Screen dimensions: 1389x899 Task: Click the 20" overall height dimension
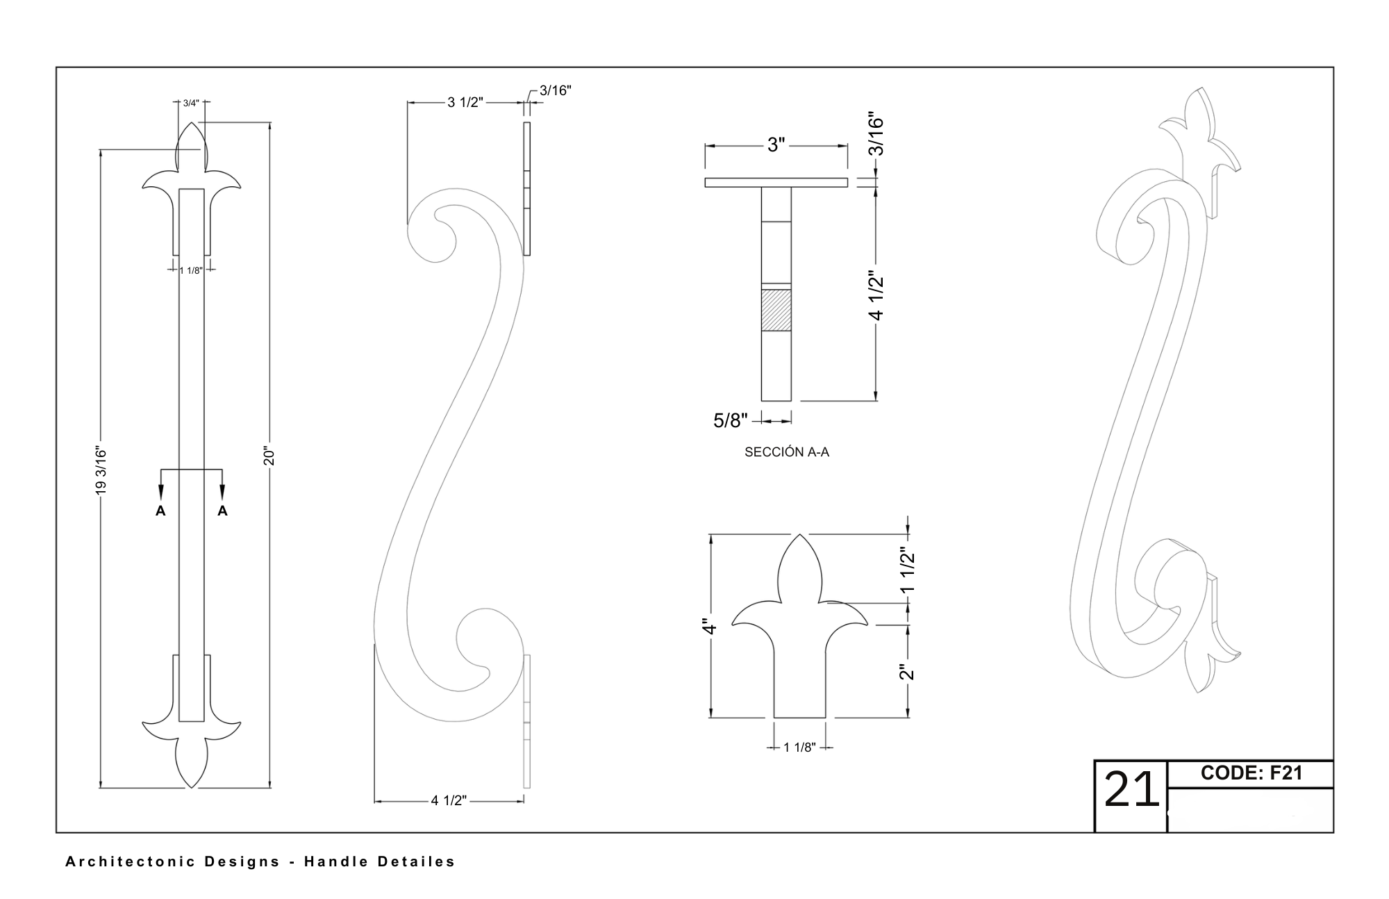point(269,456)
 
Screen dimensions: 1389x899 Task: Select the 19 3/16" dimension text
point(101,471)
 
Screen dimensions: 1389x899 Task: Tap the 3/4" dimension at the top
point(191,103)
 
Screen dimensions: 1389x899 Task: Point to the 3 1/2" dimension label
point(465,103)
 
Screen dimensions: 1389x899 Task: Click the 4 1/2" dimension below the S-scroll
point(449,800)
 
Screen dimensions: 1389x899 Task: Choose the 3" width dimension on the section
point(776,145)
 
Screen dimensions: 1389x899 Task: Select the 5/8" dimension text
point(731,420)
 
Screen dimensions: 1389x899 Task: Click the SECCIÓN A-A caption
point(787,452)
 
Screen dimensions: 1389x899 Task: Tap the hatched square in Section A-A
point(776,310)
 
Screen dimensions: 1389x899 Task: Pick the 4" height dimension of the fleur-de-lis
point(708,626)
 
